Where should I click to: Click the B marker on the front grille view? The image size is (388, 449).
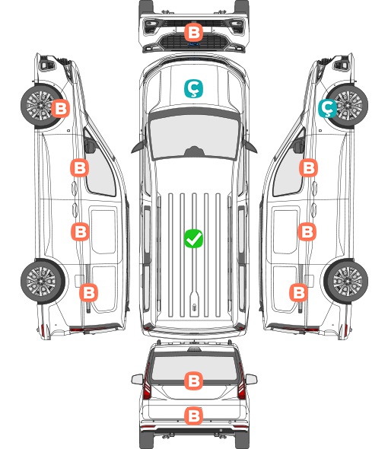[x=193, y=32]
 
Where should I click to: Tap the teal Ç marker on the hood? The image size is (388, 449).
[x=193, y=89]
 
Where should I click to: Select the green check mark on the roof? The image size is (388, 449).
[x=193, y=238]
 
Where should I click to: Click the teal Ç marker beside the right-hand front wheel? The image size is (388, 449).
[x=328, y=109]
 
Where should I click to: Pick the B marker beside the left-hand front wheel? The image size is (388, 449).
[x=60, y=109]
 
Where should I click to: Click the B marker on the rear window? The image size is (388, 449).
[x=193, y=381]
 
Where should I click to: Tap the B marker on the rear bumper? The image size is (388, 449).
[x=193, y=416]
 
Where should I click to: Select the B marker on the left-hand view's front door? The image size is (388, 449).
[x=80, y=167]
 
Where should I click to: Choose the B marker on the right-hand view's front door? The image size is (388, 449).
[x=308, y=167]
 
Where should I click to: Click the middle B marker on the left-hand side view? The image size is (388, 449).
[x=80, y=231]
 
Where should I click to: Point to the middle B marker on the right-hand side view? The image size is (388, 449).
[x=307, y=231]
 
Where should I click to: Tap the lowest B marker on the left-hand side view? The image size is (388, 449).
[x=88, y=293]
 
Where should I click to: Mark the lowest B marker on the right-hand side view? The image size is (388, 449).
[x=299, y=293]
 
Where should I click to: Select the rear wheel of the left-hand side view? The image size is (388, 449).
[x=42, y=282]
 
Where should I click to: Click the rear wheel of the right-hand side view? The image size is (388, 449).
[x=346, y=282]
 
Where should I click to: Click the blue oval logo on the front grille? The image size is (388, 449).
[x=193, y=44]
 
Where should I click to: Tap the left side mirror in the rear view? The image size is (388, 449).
[x=138, y=379]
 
